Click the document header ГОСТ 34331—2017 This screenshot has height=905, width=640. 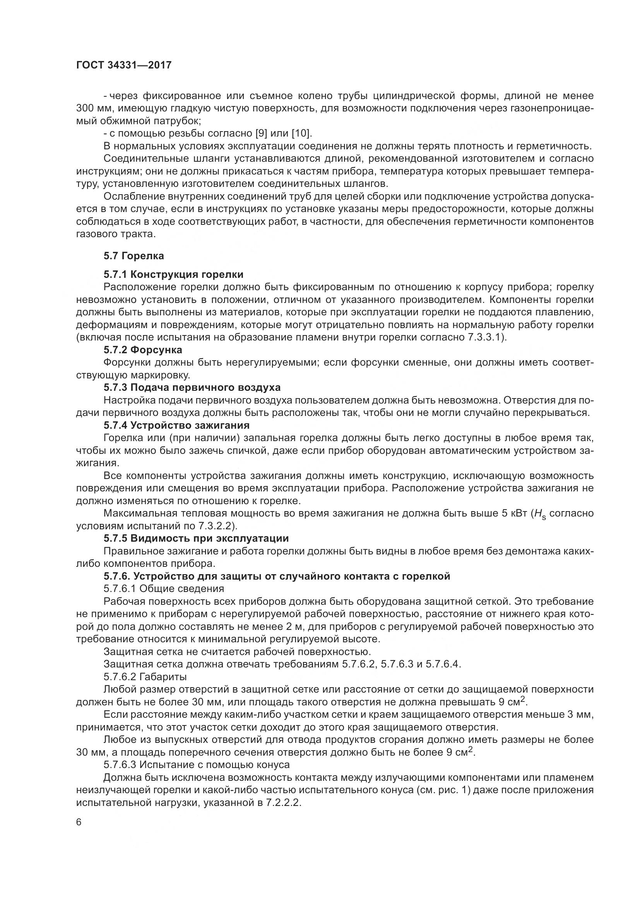point(124,65)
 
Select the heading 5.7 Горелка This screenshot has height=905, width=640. point(133,256)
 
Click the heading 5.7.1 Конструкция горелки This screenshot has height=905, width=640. point(173,274)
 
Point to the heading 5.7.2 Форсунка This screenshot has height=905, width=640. point(143,350)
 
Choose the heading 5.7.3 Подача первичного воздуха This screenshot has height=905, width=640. point(192,387)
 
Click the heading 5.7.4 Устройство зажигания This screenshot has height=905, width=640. point(176,425)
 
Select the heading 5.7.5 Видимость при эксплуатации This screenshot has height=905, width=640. point(196,538)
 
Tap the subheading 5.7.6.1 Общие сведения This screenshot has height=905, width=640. point(164,589)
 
